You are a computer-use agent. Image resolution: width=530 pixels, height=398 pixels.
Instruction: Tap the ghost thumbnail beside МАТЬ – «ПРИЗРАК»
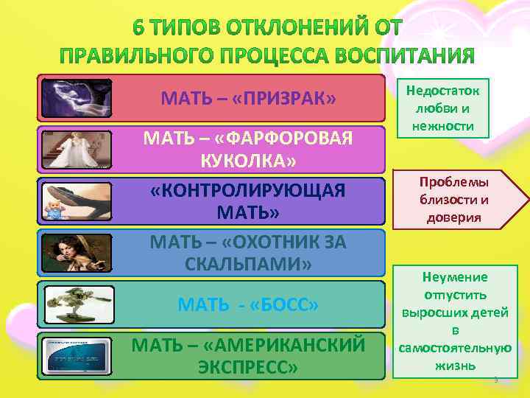coord(77,98)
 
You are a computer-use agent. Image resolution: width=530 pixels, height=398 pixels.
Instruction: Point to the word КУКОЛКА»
coord(248,161)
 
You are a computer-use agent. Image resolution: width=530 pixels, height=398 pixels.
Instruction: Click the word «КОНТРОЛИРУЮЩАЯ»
coord(247,190)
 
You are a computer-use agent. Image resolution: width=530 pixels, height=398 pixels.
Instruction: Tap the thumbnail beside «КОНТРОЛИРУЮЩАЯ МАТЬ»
coord(77,201)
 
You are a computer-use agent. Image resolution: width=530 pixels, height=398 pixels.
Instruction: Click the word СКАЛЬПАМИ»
coord(248,263)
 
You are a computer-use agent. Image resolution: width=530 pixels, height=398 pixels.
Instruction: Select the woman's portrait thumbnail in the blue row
coord(77,253)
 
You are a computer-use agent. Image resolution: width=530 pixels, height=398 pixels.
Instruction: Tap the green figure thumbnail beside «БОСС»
coord(77,304)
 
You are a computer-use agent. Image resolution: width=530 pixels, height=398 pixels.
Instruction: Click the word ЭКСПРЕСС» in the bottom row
coord(248,366)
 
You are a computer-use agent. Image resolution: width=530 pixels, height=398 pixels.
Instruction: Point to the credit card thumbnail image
coord(77,355)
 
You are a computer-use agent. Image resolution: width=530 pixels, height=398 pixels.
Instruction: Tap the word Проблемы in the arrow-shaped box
coord(454,181)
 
